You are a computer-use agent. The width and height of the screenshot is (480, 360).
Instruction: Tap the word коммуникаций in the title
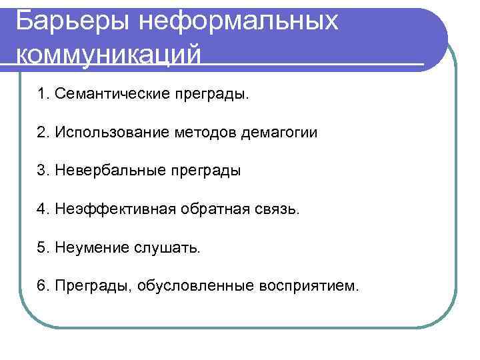point(107,54)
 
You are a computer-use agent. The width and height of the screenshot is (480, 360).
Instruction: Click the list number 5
point(44,248)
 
